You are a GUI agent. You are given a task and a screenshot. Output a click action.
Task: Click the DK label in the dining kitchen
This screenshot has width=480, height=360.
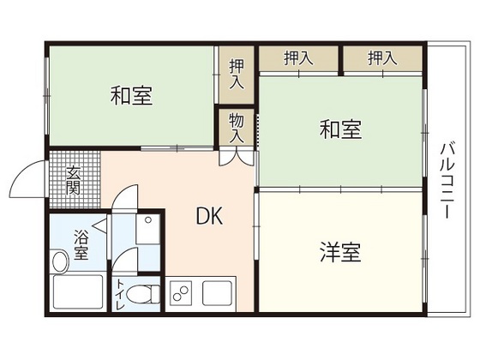click(209, 217)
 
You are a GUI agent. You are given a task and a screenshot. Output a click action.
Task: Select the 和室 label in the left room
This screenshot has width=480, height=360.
click(131, 96)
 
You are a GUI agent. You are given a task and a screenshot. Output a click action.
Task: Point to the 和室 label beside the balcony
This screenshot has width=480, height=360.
click(340, 130)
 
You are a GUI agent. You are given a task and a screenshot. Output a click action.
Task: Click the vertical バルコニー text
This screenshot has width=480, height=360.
click(447, 179)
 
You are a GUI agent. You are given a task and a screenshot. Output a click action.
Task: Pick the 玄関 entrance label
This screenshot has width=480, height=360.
click(75, 179)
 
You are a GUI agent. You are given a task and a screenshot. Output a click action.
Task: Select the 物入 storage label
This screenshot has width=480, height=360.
click(237, 129)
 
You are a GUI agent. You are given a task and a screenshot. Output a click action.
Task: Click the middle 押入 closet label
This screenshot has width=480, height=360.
click(297, 58)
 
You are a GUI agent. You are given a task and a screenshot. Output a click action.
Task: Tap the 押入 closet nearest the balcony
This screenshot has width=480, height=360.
click(381, 58)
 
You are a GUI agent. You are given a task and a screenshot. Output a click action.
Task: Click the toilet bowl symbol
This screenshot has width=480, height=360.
click(147, 295)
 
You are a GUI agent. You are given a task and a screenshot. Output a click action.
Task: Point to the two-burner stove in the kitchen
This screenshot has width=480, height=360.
click(182, 294)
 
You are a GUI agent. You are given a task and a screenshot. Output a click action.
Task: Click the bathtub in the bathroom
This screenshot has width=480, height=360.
click(77, 294)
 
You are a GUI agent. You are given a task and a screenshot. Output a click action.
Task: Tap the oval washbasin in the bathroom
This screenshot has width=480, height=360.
click(61, 260)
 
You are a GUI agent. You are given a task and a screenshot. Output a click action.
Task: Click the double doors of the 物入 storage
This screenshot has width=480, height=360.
click(236, 157)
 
